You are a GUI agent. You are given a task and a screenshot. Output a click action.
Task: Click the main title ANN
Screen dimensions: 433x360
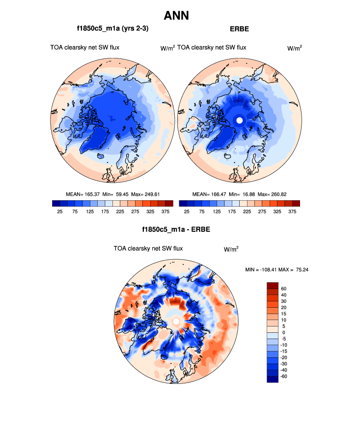point(180,16)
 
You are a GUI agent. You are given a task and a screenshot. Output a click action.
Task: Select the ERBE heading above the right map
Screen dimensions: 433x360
point(239,29)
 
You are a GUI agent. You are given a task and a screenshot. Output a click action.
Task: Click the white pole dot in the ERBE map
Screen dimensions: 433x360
point(239,120)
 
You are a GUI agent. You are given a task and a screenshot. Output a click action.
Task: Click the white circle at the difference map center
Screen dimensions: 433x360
point(176,321)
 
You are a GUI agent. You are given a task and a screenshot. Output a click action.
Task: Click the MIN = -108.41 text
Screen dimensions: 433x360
point(263,270)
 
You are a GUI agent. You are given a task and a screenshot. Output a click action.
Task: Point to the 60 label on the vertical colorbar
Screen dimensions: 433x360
point(283,289)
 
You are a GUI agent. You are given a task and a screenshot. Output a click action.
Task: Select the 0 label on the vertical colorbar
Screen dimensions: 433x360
point(283,332)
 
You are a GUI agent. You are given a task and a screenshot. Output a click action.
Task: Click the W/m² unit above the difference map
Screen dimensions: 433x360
point(231,249)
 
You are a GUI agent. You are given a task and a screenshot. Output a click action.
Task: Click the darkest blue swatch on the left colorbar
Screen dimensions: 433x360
point(55,203)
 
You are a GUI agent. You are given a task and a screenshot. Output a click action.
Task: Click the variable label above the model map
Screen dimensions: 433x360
point(84,48)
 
